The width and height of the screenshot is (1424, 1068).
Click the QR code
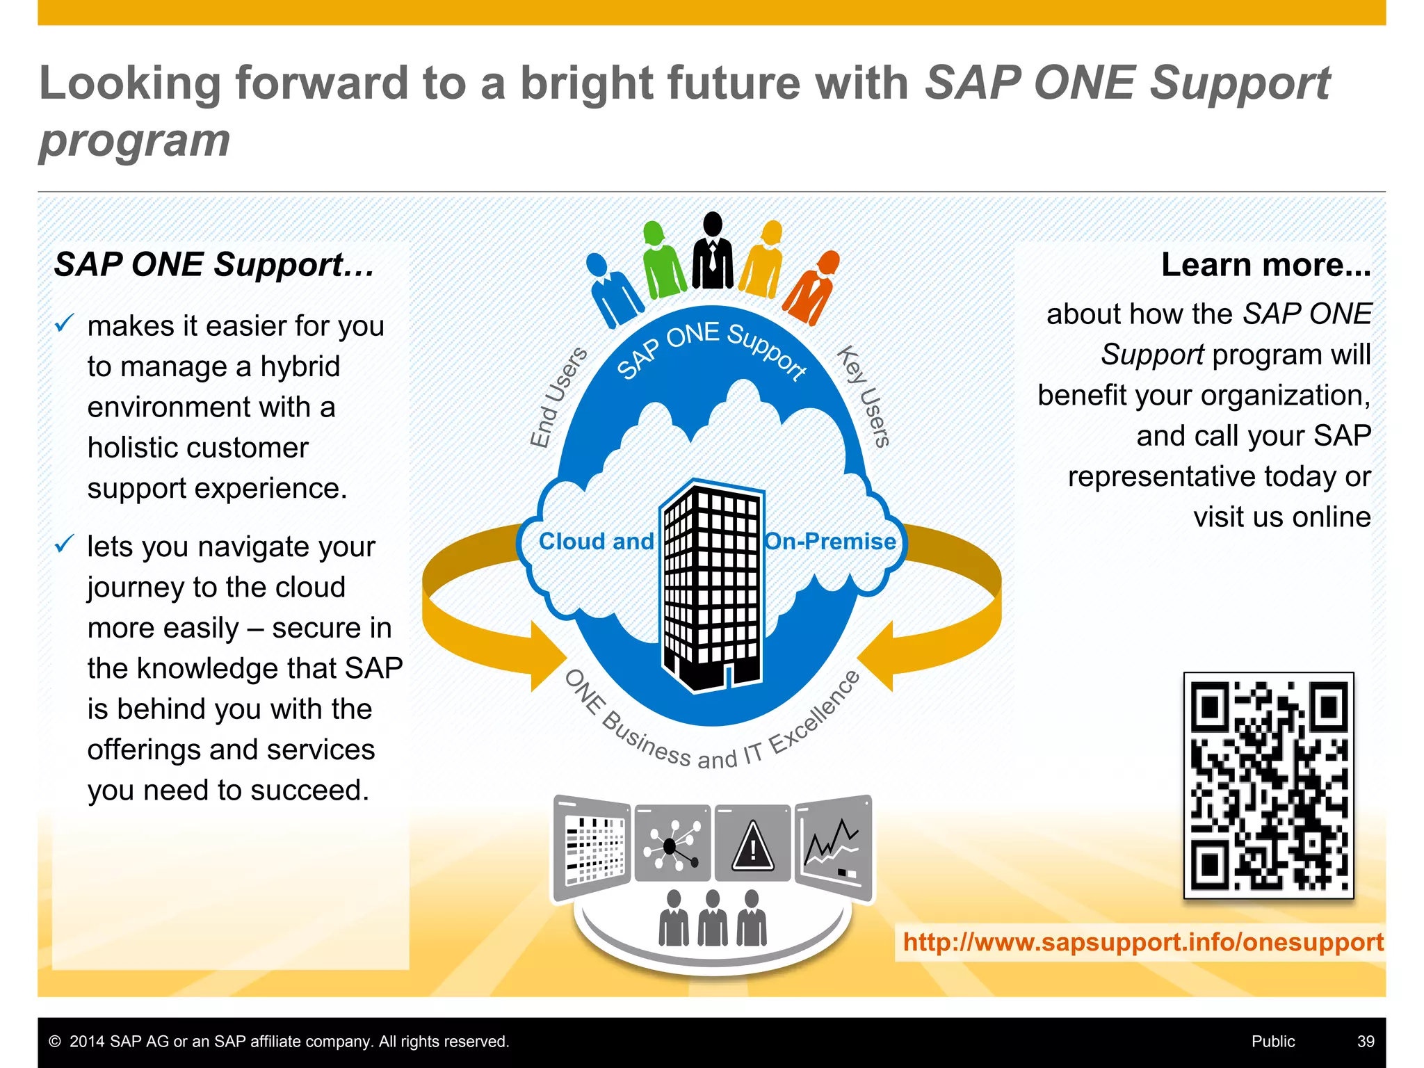point(1268,786)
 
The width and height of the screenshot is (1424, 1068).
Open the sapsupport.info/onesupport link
point(1142,942)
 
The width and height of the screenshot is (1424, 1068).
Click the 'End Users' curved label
point(558,397)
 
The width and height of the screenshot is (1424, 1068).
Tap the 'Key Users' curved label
point(864,396)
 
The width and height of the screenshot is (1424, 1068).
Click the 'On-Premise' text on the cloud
point(830,542)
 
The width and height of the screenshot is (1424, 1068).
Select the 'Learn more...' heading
point(1265,265)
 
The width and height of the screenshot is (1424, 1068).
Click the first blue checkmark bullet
point(65,323)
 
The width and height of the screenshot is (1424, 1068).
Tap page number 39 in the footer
point(1366,1042)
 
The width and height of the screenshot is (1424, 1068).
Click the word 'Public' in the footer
point(1273,1042)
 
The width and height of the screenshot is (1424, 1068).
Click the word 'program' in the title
point(135,141)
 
